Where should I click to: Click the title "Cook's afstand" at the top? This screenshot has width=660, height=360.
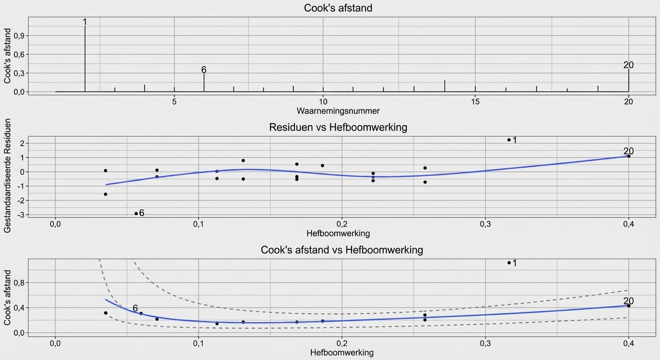338,8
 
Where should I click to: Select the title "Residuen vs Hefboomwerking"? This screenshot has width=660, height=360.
338,127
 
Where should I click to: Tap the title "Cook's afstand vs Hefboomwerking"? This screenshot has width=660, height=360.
342,250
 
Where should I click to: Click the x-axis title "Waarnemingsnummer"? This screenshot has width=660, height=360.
338,111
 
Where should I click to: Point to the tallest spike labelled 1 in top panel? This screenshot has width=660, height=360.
85,56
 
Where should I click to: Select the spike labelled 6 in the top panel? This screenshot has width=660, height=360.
204,82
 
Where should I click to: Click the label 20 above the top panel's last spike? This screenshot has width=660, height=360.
628,65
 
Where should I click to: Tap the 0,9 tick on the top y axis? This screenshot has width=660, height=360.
19,36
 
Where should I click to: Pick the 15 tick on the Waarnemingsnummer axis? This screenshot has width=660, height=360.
475,101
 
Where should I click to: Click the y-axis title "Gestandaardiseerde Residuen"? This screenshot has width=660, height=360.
7,175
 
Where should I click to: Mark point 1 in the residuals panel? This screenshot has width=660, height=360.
509,140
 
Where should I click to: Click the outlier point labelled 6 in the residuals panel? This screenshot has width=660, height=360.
136,213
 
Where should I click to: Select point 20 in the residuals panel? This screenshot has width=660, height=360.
629,156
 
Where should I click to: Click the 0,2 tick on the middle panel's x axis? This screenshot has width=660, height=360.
342,225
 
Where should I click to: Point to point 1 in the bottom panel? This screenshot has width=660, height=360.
509,262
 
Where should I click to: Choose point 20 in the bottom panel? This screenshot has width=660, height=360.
629,306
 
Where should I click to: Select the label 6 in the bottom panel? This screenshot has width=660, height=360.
135,308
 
